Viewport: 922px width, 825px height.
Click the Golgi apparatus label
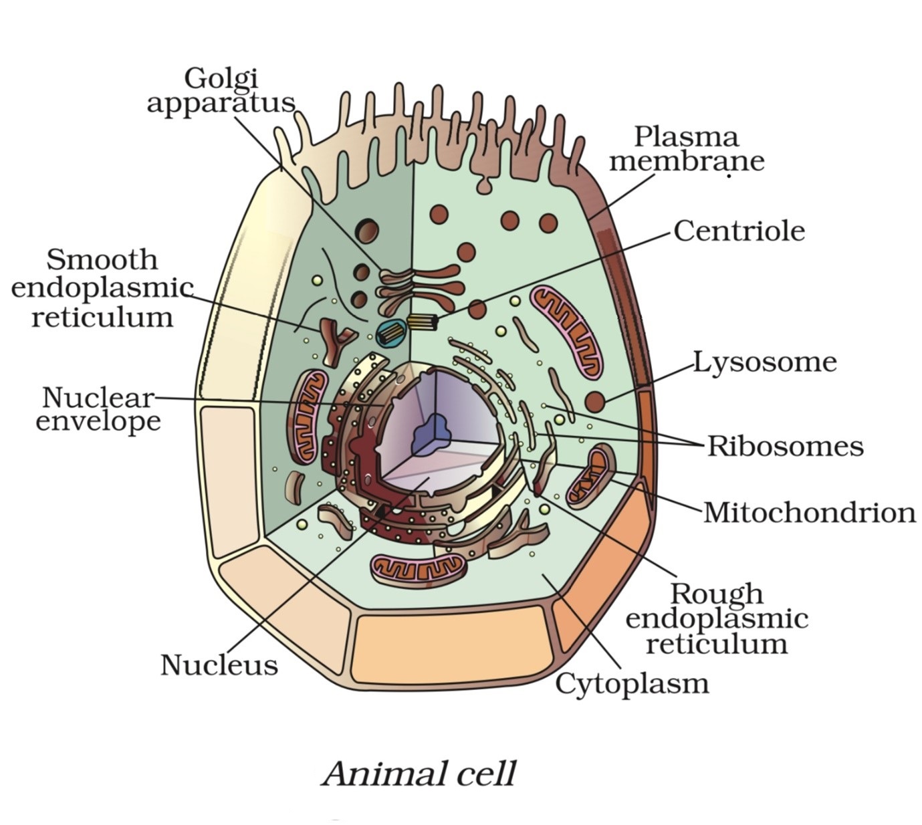pyautogui.click(x=221, y=91)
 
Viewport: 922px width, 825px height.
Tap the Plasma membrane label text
pyautogui.click(x=686, y=149)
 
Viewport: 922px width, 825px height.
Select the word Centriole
pyautogui.click(x=739, y=231)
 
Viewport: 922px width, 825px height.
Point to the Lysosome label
pyautogui.click(x=764, y=362)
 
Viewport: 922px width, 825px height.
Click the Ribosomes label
pyautogui.click(x=786, y=446)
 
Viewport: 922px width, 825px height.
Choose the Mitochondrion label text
pyautogui.click(x=809, y=513)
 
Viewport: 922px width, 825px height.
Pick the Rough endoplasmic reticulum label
pyautogui.click(x=716, y=618)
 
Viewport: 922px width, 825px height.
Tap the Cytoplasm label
pyautogui.click(x=632, y=683)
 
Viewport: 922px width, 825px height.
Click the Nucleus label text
pyautogui.click(x=219, y=665)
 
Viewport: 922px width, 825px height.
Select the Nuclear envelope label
pyautogui.click(x=98, y=409)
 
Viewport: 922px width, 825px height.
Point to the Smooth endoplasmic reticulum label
pyautogui.click(x=102, y=288)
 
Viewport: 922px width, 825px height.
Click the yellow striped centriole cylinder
pyautogui.click(x=423, y=322)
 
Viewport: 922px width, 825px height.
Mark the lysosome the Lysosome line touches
pyautogui.click(x=595, y=402)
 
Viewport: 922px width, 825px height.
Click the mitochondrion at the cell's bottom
pyautogui.click(x=417, y=570)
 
